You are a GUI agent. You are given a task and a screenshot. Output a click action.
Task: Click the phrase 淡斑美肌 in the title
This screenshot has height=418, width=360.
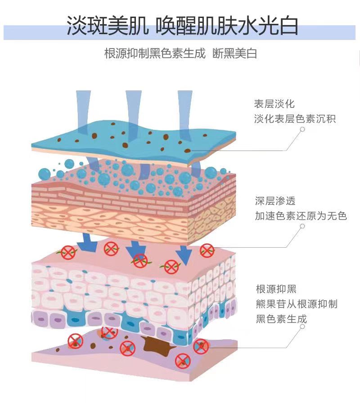pyautogui.click(x=108, y=26)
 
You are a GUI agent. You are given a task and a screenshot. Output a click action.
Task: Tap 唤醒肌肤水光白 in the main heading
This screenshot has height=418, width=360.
pyautogui.click(x=226, y=26)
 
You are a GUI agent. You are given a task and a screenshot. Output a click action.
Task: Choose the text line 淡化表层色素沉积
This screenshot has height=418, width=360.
pyautogui.click(x=295, y=119)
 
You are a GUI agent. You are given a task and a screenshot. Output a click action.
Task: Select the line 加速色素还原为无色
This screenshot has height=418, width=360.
pyautogui.click(x=301, y=216)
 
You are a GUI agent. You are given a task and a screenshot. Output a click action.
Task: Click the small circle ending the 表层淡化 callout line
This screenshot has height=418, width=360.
pyautogui.click(x=303, y=129)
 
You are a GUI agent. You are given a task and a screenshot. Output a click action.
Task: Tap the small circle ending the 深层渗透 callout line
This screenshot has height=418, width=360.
pyautogui.click(x=302, y=226)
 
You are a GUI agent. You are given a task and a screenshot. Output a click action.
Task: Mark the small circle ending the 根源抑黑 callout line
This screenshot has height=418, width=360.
pyautogui.click(x=302, y=329)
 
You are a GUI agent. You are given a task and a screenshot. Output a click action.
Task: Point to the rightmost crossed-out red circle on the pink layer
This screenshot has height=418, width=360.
pyautogui.click(x=207, y=250)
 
